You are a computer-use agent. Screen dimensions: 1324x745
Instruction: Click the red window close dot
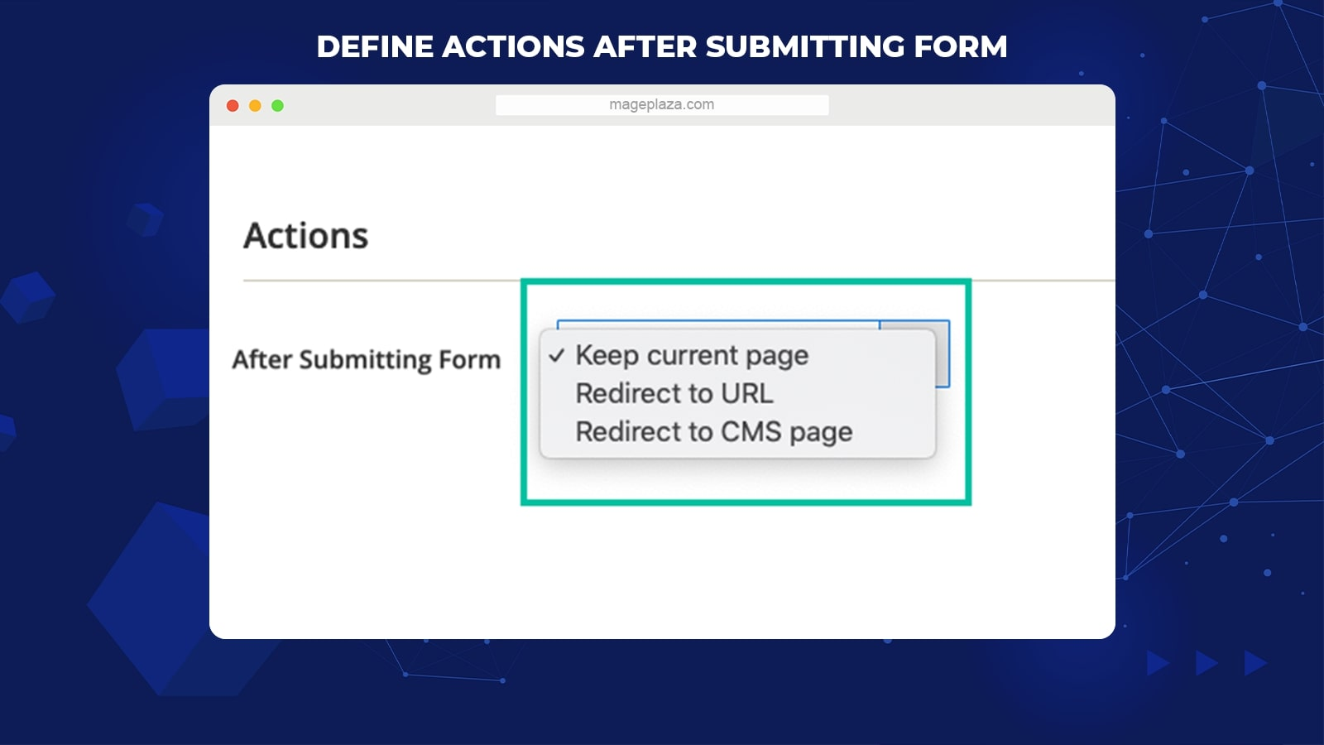233,106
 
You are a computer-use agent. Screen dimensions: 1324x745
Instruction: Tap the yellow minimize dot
255,106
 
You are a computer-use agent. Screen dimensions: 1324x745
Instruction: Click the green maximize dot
277,106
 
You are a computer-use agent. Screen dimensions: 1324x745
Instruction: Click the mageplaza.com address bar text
661,104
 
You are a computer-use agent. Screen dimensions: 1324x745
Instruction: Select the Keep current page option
692,355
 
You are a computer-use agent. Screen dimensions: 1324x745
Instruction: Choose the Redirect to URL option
674,394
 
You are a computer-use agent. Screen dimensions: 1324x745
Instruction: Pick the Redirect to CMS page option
714,431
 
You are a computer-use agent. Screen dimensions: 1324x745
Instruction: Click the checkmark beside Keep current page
557,355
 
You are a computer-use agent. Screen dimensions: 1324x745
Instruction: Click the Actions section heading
305,236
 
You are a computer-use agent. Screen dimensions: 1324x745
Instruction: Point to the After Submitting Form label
367,359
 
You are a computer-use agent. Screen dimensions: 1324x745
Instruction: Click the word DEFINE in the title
375,46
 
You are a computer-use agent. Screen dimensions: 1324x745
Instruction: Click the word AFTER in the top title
645,46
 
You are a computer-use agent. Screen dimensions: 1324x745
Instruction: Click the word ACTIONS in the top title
513,46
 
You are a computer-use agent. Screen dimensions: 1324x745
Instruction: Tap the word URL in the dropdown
747,394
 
